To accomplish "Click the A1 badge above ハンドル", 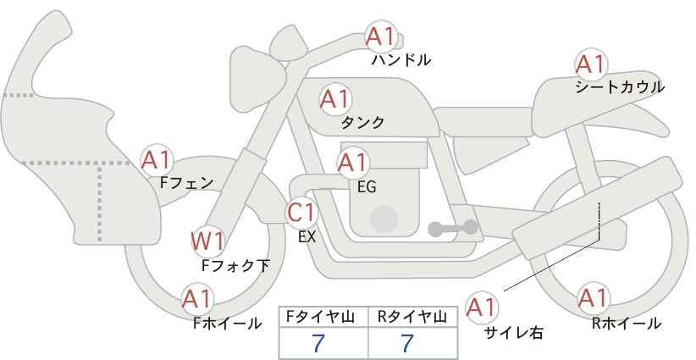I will tap(381, 37).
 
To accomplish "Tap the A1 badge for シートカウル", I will tap(590, 64).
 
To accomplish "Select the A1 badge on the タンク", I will tap(334, 99).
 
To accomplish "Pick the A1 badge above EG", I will tap(352, 162).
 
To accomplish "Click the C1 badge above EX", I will tap(301, 212).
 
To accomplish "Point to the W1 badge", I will tap(207, 241).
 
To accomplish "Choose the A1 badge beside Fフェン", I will tap(157, 158).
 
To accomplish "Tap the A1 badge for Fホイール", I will tap(197, 299).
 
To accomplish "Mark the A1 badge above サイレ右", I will tap(483, 306).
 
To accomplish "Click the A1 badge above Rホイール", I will tap(592, 298).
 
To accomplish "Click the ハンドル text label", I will tap(401, 60).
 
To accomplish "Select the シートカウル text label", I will tap(619, 86).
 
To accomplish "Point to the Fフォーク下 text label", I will tap(235, 265).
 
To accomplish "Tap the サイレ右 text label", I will tap(513, 333).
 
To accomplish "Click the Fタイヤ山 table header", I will tap(323, 317).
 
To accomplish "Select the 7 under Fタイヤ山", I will tap(318, 344).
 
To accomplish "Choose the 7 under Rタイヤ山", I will tap(408, 344).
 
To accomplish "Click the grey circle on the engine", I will tap(384, 219).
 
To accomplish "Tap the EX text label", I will tap(307, 237).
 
